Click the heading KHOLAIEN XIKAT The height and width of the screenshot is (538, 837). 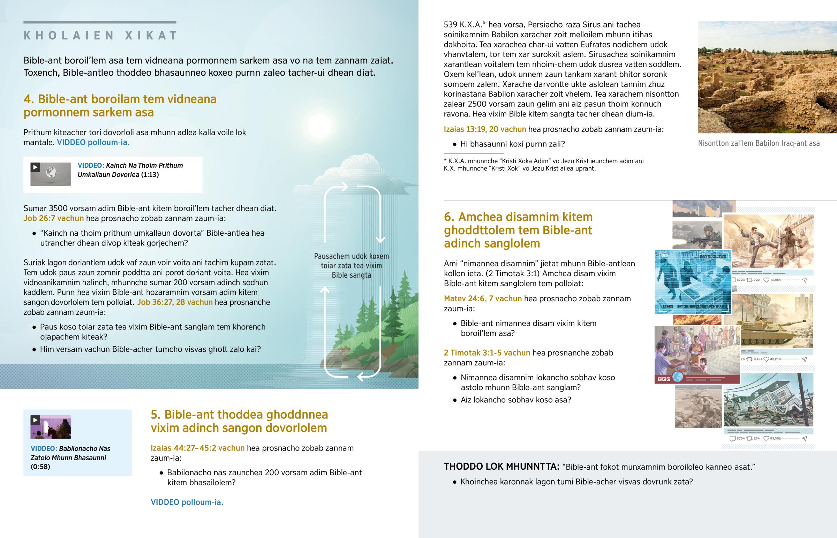point(100,36)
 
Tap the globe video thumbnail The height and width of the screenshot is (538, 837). point(51,174)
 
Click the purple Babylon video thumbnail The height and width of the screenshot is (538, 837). point(51,427)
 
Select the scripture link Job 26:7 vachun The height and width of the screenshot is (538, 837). point(53,218)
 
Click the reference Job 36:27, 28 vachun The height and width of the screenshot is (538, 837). point(175,302)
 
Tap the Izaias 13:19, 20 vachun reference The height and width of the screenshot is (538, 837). point(484,129)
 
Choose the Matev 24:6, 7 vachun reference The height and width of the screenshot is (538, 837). point(482,299)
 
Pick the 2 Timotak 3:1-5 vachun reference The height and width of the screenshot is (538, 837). point(487,353)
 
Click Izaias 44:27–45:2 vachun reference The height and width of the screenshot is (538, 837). point(197,448)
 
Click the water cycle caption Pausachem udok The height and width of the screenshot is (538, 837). point(351,265)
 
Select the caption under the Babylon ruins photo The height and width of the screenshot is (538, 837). point(759,143)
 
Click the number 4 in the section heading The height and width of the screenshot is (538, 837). point(28,99)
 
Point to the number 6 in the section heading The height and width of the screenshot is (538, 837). point(448,217)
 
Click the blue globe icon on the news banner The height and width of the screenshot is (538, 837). point(678,377)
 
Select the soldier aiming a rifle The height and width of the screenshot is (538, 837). point(697,235)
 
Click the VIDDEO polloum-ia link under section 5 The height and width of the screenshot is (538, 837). point(187,502)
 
